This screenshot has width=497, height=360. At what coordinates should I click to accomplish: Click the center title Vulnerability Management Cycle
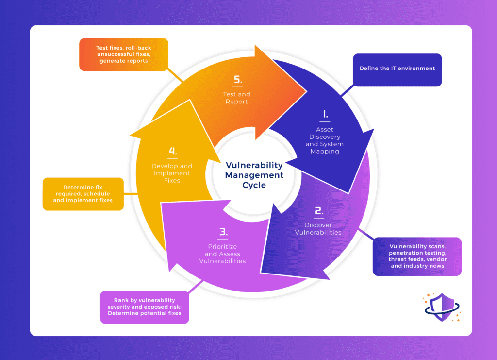pos(254,174)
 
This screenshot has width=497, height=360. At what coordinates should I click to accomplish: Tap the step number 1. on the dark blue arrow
pos(325,114)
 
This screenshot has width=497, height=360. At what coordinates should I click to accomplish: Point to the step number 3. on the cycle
pos(222,232)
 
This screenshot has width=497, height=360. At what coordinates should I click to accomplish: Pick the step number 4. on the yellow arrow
pos(172,151)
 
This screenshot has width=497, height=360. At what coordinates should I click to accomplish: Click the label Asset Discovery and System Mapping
pos(325,140)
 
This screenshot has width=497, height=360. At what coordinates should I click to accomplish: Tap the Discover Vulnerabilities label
pos(319,228)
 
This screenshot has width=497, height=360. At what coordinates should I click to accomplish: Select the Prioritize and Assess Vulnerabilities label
pos(222,254)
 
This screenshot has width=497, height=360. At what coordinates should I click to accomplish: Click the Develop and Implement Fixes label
pos(172,173)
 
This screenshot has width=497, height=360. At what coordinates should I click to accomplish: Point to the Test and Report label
pos(237,98)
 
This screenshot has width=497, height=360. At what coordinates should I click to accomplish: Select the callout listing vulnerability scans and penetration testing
pos(416,256)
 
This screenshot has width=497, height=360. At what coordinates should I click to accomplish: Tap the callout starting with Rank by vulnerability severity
pos(144,307)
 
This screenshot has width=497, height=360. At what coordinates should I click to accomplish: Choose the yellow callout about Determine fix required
pos(83,193)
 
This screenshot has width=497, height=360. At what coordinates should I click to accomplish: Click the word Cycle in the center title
pos(254,185)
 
